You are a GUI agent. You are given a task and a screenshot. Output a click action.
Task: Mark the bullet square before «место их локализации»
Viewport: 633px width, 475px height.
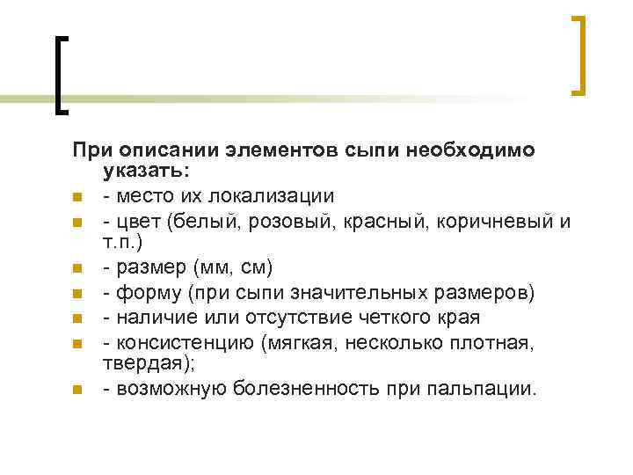tap(77, 196)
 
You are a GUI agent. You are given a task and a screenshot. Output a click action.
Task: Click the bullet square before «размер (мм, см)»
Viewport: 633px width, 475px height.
tap(77, 267)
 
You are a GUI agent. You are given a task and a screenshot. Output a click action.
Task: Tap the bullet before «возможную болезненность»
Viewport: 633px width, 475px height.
tap(77, 388)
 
